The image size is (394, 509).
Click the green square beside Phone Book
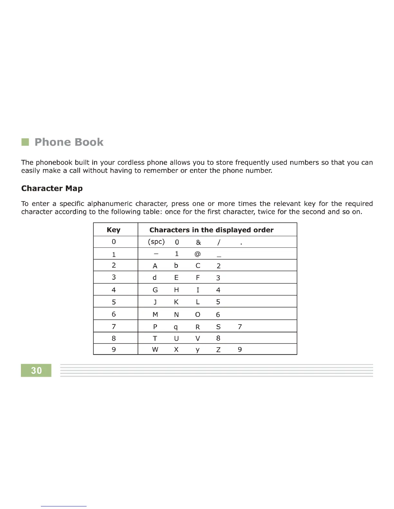pyautogui.click(x=25, y=142)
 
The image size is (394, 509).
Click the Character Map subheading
pyautogui.click(x=52, y=188)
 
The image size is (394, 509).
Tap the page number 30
pyautogui.click(x=36, y=371)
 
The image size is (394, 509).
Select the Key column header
pyautogui.click(x=113, y=230)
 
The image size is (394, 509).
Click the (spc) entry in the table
pyautogui.click(x=156, y=242)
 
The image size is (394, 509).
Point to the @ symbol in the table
pyautogui.click(x=198, y=254)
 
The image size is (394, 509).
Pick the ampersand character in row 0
pyautogui.click(x=198, y=242)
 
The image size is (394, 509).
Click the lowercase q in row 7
pyautogui.click(x=176, y=327)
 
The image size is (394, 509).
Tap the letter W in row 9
pyautogui.click(x=155, y=350)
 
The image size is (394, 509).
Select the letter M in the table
pyautogui.click(x=155, y=315)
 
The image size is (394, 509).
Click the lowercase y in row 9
pyautogui.click(x=197, y=350)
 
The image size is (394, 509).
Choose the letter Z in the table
pyautogui.click(x=218, y=350)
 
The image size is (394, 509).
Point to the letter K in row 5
pyautogui.click(x=176, y=302)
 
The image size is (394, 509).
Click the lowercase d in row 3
pyautogui.click(x=155, y=277)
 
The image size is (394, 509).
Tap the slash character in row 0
pyautogui.click(x=219, y=242)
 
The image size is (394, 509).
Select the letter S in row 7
pyautogui.click(x=218, y=327)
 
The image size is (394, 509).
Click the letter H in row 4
pyautogui.click(x=176, y=290)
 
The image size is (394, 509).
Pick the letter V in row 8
pyautogui.click(x=198, y=338)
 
